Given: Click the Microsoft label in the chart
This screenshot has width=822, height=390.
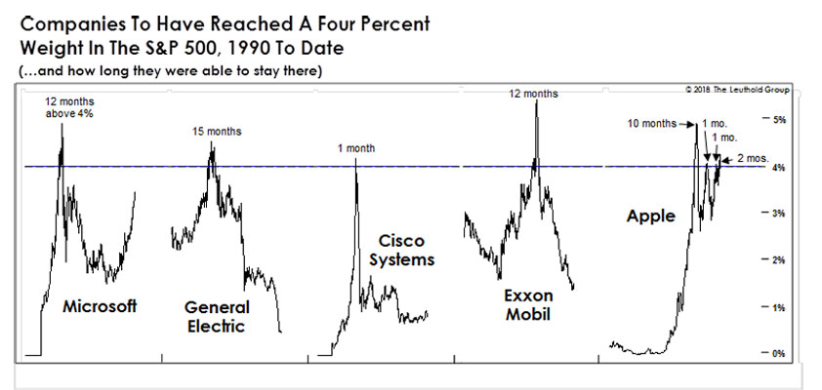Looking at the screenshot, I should [x=100, y=306].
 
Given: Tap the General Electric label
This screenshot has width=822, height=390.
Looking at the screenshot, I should [x=217, y=316].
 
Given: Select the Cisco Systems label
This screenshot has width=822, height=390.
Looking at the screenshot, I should [x=402, y=250].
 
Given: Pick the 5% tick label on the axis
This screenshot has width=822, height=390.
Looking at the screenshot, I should [x=779, y=120].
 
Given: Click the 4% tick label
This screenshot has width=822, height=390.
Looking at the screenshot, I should [x=779, y=168].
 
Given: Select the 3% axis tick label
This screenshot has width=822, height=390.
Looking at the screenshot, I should [x=779, y=214].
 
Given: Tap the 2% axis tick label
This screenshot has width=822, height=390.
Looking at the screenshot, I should [x=779, y=260].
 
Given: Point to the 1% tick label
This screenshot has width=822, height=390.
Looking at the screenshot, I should [x=779, y=307].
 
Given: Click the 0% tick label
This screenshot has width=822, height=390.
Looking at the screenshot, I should [x=779, y=353].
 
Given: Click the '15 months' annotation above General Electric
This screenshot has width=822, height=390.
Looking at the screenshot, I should [x=214, y=131].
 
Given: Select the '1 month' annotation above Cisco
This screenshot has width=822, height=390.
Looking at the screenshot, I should [x=354, y=147].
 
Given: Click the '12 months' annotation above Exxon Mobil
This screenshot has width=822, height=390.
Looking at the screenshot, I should [x=533, y=94].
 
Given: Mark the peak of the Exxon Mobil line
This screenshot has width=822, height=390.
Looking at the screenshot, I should [x=536, y=101].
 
